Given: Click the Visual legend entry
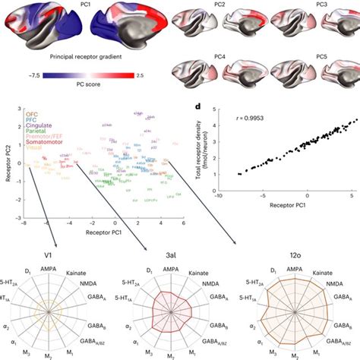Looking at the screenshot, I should pyautogui.click(x=36, y=148).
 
